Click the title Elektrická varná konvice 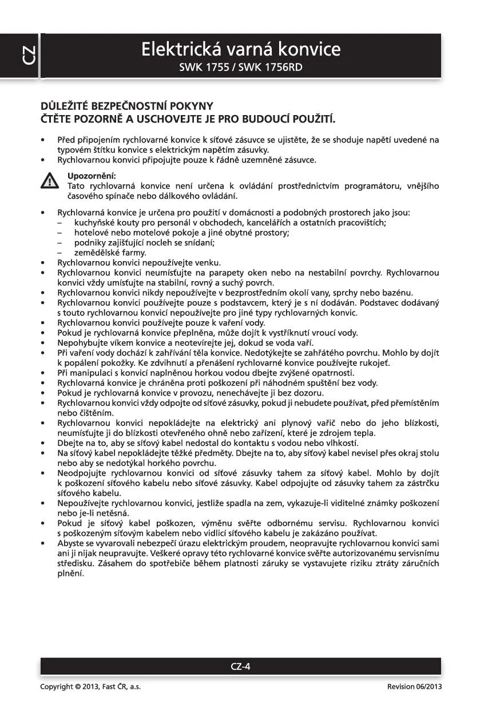point(241,49)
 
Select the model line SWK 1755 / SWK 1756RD point(241,68)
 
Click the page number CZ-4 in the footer point(241,666)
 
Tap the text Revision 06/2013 point(414,687)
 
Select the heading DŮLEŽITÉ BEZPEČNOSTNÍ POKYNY point(126,106)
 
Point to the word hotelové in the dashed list point(90,232)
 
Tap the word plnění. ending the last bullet point(70,574)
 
